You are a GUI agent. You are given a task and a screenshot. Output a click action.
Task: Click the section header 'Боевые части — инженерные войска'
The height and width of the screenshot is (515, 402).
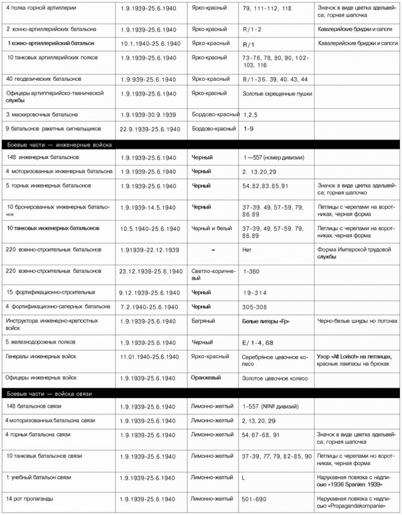(x=60, y=145)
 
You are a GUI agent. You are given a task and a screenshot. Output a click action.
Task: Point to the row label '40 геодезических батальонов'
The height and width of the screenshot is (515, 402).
(x=44, y=79)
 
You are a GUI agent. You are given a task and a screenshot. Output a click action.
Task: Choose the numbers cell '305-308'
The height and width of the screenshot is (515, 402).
(x=256, y=307)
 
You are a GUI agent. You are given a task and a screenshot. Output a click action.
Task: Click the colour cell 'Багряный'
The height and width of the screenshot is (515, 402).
(x=203, y=321)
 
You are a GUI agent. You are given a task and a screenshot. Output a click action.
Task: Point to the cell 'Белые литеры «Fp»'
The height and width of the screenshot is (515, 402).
(x=269, y=321)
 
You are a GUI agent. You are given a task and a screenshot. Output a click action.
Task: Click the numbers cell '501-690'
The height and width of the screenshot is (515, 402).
(x=254, y=499)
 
